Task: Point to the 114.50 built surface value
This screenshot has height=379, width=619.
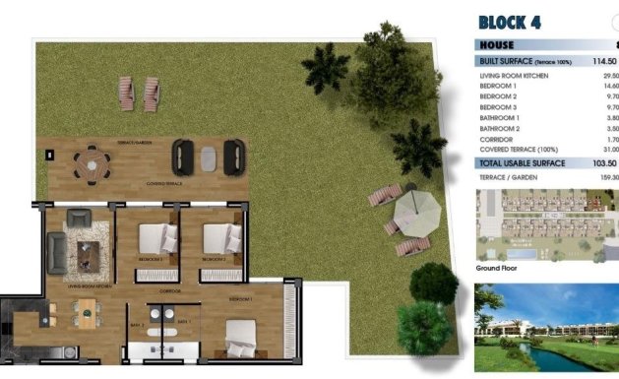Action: (x=604, y=60)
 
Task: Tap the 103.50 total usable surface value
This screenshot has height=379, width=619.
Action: (x=604, y=162)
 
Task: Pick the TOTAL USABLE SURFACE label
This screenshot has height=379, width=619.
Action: (x=522, y=162)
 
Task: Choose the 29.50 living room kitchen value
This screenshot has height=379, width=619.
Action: (x=609, y=76)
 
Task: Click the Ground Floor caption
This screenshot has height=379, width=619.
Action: (x=497, y=268)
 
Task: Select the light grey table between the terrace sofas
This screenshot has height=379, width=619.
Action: (x=208, y=157)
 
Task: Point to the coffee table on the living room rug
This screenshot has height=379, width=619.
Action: (x=90, y=257)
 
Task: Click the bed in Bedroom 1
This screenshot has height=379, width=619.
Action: (x=242, y=334)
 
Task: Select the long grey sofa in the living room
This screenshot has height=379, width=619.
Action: (x=55, y=253)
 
